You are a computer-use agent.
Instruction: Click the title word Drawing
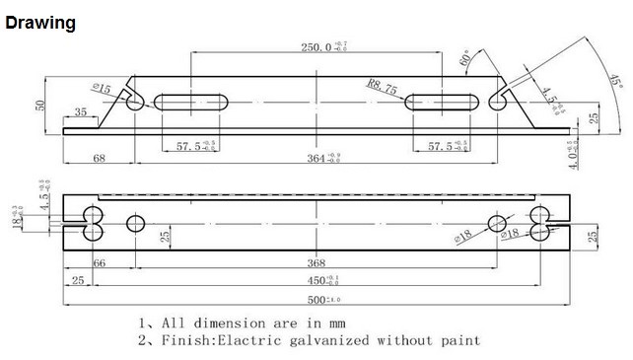pyautogui.click(x=40, y=23)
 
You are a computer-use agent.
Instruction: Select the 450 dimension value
pyautogui.click(x=316, y=279)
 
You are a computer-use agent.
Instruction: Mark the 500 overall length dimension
pyautogui.click(x=315, y=299)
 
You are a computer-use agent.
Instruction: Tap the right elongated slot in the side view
pyautogui.click(x=441, y=102)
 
